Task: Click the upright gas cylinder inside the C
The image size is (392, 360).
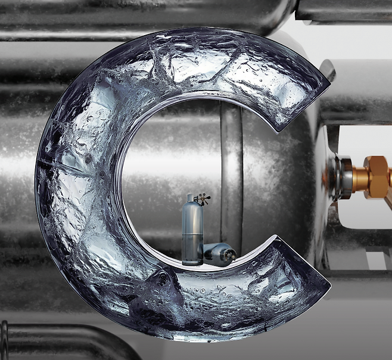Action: click(192, 230)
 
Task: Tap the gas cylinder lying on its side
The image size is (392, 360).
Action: click(219, 255)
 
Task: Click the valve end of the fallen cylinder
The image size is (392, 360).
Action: click(231, 256)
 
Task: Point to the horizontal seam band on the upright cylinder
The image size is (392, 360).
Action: click(192, 234)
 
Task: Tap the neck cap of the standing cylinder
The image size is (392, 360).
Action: click(190, 197)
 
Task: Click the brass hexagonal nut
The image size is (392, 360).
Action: click(377, 176)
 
